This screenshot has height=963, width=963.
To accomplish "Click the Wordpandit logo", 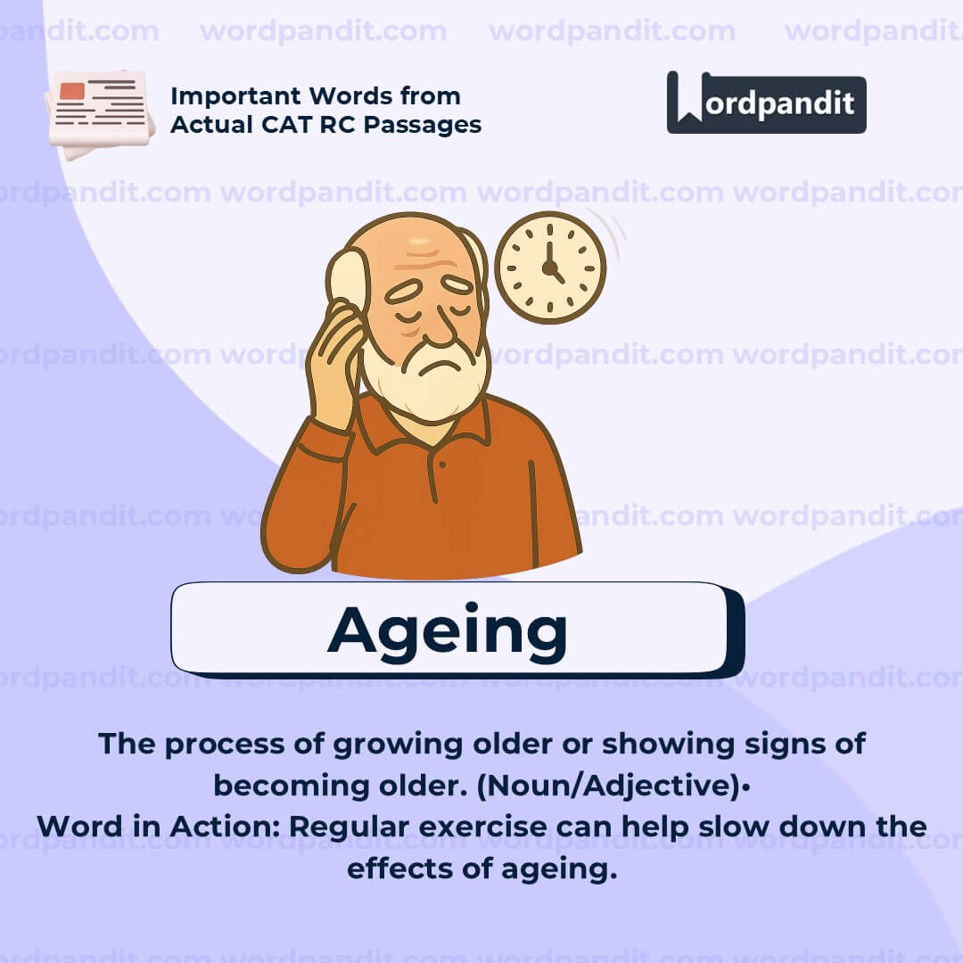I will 766,103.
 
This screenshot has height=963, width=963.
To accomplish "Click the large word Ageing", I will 447,630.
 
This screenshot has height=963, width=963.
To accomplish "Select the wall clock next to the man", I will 550,267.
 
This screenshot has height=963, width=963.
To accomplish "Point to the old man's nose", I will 437,325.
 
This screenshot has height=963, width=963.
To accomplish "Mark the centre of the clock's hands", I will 549,266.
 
